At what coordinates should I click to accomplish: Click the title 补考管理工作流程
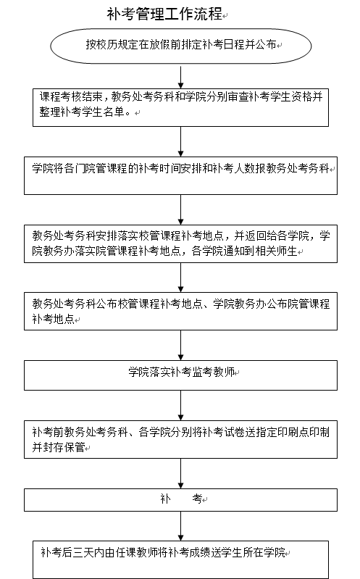click(164, 14)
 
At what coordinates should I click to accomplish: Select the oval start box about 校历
click(181, 46)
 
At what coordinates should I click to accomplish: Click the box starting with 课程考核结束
click(180, 107)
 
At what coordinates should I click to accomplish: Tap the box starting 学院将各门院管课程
click(180, 176)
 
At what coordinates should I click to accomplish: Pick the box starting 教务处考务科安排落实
click(180, 243)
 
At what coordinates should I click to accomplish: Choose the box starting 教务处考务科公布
click(180, 312)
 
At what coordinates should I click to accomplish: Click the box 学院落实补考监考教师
click(180, 375)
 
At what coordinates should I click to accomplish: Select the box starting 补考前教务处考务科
click(180, 439)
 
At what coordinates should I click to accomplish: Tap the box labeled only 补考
click(180, 500)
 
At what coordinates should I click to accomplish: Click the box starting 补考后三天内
click(180, 560)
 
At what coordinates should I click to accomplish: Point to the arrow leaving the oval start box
click(180, 77)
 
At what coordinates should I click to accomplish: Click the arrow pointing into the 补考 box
click(180, 474)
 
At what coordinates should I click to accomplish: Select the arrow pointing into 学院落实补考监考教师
click(180, 345)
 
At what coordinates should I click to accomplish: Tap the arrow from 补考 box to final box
click(180, 526)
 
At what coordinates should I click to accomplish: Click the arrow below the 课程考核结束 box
click(180, 142)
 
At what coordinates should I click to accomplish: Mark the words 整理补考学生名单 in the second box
click(82, 112)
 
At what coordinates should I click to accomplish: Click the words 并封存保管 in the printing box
click(59, 447)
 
